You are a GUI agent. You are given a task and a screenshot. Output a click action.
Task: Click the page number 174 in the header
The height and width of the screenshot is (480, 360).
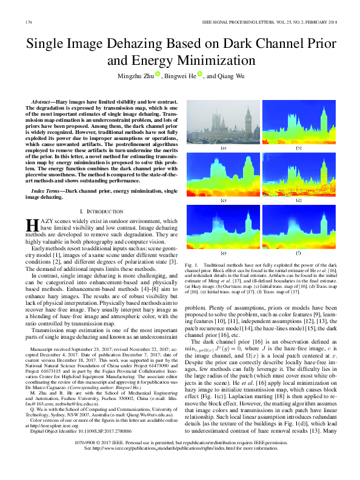click(28, 22)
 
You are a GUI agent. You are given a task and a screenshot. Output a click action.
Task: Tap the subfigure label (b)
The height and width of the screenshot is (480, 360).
click(299, 148)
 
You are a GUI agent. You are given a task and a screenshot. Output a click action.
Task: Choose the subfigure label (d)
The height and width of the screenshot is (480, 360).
click(299, 200)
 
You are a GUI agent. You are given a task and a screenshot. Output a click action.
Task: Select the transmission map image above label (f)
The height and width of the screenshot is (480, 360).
click(299, 226)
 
